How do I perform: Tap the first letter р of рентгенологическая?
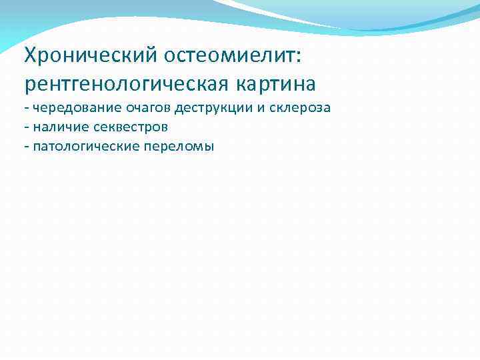click(29, 87)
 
